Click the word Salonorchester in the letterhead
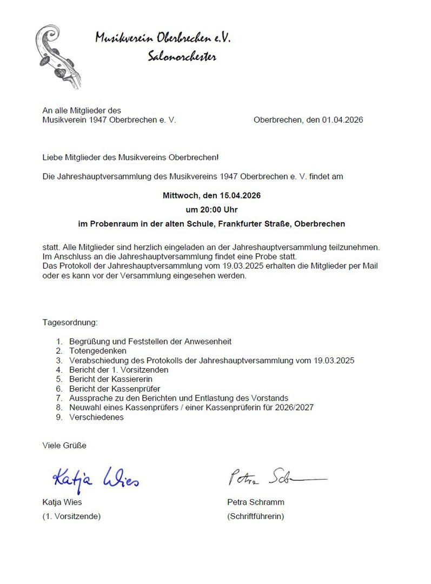(x=182, y=56)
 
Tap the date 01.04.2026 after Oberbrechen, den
(x=343, y=120)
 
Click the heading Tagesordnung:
(x=70, y=322)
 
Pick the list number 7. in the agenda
(x=59, y=398)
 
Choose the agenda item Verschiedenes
(x=96, y=417)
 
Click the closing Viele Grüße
(x=64, y=446)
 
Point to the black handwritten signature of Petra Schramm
(x=276, y=477)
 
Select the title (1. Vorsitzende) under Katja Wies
(x=71, y=516)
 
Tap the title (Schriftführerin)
(x=255, y=516)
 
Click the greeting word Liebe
(x=52, y=157)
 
